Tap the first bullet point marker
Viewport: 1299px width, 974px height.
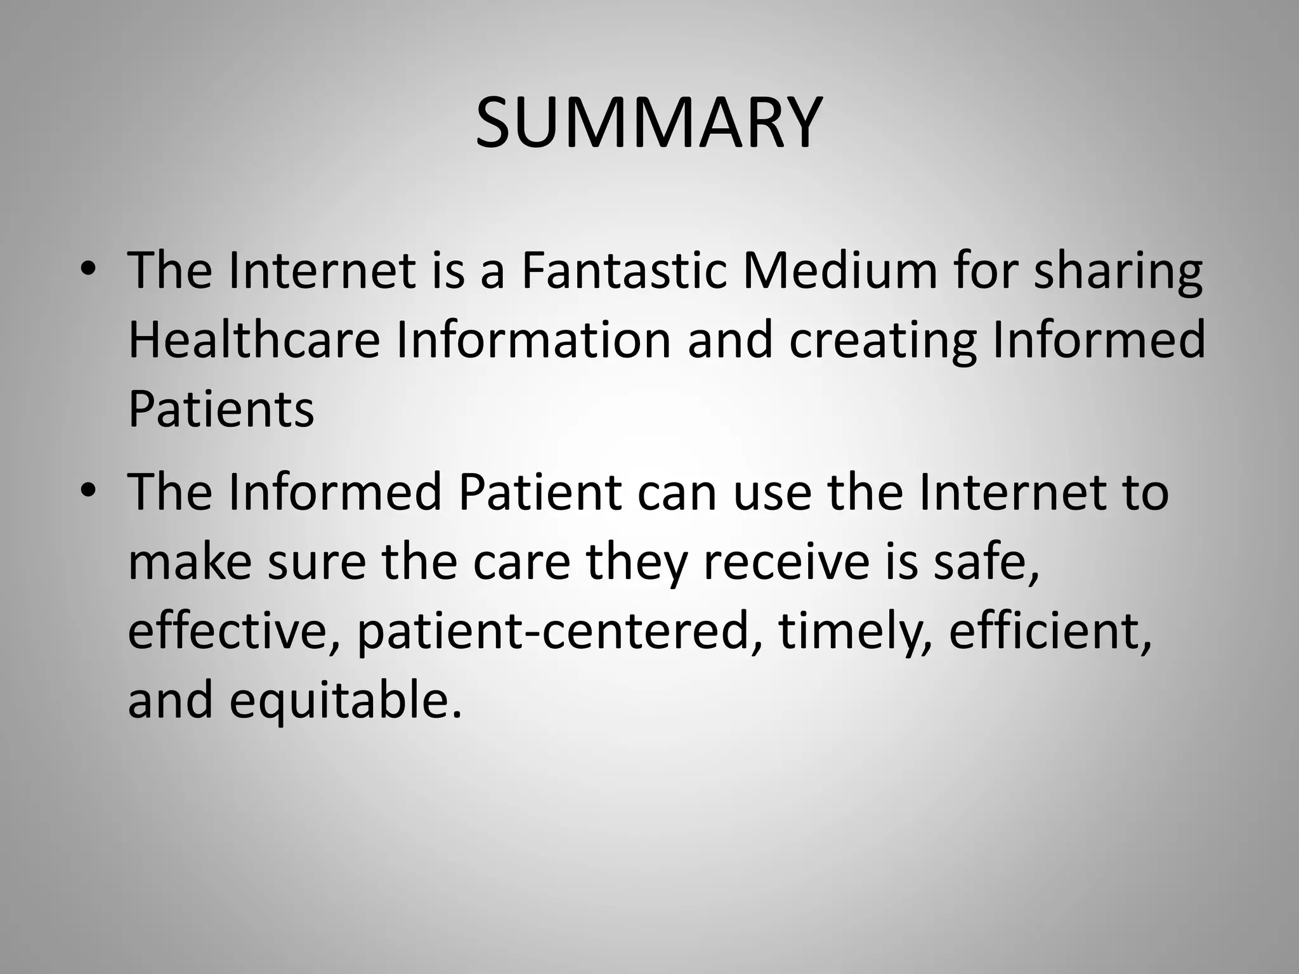tap(89, 269)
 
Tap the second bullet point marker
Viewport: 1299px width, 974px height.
tap(89, 491)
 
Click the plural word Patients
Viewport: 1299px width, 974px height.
tap(221, 409)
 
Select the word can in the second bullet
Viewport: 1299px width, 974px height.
tap(676, 493)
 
